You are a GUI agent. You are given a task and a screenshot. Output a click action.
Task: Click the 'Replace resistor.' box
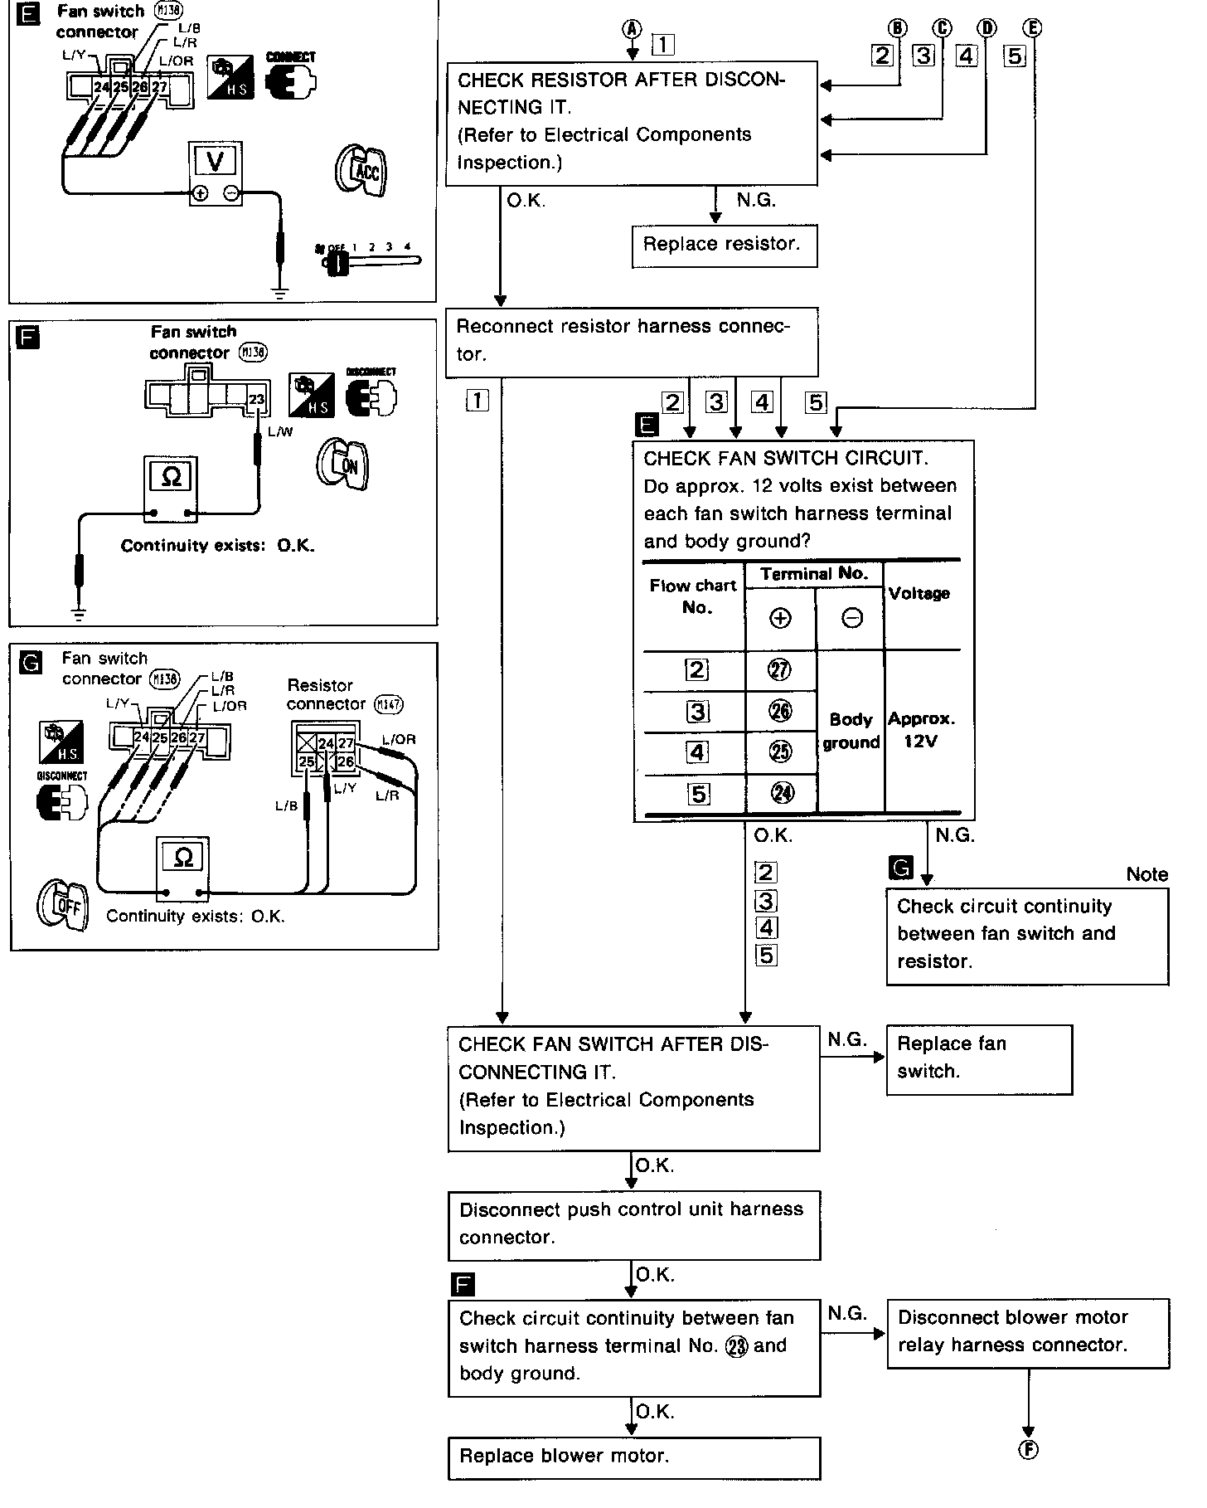(x=724, y=246)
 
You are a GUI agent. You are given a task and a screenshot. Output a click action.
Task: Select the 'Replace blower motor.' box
(x=633, y=1457)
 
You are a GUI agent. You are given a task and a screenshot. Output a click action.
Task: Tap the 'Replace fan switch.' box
(x=978, y=1058)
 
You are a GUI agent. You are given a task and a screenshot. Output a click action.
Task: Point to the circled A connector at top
(x=633, y=28)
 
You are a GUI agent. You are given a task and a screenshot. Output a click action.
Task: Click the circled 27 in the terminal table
(x=780, y=670)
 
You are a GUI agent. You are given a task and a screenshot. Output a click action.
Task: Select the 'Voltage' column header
(x=919, y=594)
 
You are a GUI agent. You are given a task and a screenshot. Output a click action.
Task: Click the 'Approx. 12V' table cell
(x=921, y=730)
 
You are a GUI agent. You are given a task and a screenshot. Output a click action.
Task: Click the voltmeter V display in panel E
(x=216, y=161)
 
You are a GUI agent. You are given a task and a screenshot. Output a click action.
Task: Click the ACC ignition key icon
(x=361, y=171)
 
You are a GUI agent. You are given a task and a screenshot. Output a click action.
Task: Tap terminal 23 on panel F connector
(x=256, y=400)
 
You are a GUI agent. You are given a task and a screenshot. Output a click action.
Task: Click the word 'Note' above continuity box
(x=1146, y=874)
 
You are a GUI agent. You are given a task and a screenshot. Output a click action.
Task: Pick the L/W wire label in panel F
(x=280, y=432)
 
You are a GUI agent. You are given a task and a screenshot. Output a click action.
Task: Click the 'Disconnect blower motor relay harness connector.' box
(x=1028, y=1332)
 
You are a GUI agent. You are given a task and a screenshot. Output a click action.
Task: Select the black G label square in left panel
(x=30, y=664)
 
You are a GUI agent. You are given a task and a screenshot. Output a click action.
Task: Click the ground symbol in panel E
(x=280, y=292)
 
